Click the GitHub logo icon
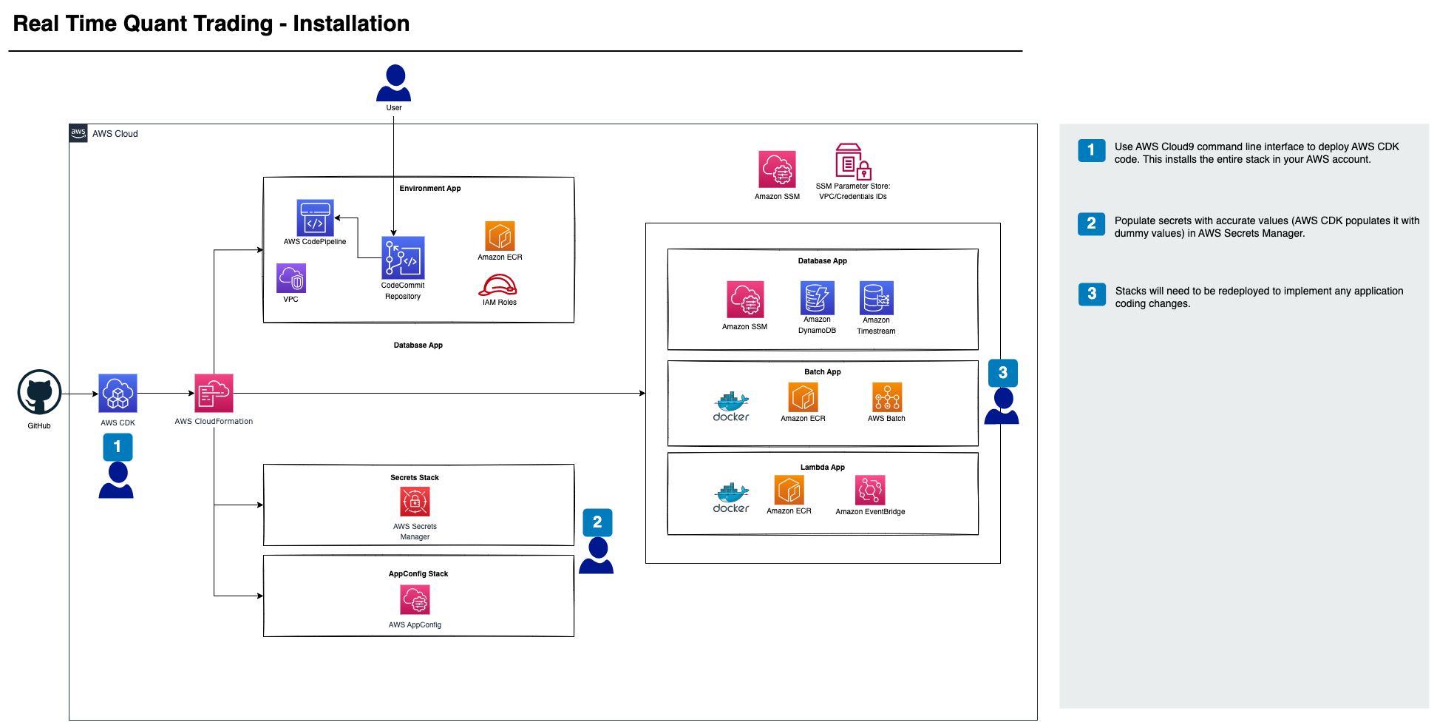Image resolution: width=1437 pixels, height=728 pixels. [x=39, y=392]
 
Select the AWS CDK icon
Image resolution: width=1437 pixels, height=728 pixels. [x=118, y=393]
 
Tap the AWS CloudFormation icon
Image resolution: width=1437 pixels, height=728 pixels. [x=214, y=393]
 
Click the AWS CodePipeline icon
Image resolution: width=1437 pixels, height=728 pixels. [x=315, y=218]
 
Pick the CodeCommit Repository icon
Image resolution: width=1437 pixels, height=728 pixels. [x=403, y=257]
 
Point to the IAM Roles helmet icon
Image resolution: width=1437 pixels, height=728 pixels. [x=498, y=285]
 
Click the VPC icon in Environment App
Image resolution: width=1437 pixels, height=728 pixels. [x=291, y=278]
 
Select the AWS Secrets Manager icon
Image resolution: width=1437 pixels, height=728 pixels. [x=415, y=502]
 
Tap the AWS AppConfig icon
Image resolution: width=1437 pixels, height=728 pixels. [x=415, y=600]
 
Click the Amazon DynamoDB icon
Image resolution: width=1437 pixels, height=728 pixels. [x=817, y=297]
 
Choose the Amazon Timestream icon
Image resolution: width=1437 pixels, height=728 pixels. [x=877, y=297]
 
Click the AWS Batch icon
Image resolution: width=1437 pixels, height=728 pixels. [x=887, y=397]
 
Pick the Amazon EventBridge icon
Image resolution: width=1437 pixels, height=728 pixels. [x=870, y=490]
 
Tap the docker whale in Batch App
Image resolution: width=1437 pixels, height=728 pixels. [x=731, y=402]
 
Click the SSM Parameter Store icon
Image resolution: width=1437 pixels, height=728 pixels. [x=853, y=162]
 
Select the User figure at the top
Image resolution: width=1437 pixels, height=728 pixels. [x=394, y=83]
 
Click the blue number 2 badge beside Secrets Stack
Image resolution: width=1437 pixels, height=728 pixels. [x=597, y=522]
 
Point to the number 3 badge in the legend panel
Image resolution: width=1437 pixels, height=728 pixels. [x=1092, y=294]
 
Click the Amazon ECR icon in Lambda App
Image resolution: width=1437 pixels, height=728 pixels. [x=789, y=490]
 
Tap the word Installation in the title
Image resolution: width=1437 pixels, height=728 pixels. [x=351, y=24]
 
